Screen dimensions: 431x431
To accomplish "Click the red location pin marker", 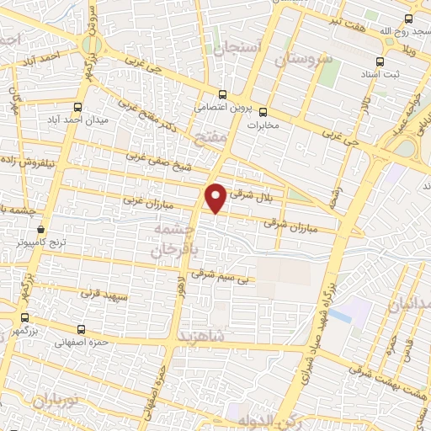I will pyautogui.click(x=216, y=197).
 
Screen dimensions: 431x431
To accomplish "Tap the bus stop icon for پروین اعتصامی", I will pyautogui.click(x=222, y=94).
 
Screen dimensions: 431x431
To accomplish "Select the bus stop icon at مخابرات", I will pyautogui.click(x=263, y=111).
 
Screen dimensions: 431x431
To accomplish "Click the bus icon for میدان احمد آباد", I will pyautogui.click(x=78, y=107).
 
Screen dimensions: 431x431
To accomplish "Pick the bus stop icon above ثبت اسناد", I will pyautogui.click(x=380, y=61).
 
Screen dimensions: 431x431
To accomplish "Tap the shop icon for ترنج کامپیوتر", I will pyautogui.click(x=40, y=228).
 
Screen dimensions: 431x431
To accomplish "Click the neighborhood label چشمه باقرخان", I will pyautogui.click(x=176, y=240).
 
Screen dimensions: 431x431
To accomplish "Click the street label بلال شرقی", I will pyautogui.click(x=258, y=191).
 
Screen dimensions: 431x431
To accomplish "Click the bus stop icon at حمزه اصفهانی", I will pyautogui.click(x=81, y=329).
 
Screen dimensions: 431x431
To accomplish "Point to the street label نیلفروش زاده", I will pyautogui.click(x=30, y=157).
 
